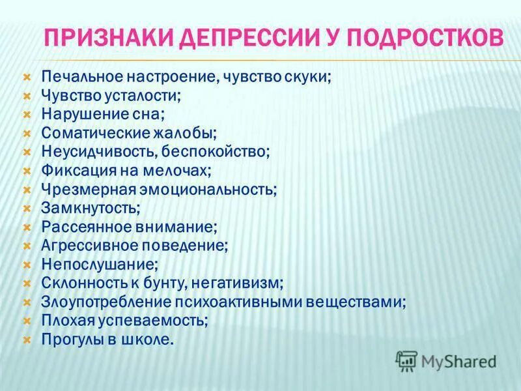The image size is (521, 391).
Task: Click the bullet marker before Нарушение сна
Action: click(27, 115)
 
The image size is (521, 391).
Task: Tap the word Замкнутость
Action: click(90, 209)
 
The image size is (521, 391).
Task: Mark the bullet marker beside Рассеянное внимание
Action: click(27, 228)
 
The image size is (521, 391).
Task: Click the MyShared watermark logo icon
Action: click(406, 360)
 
